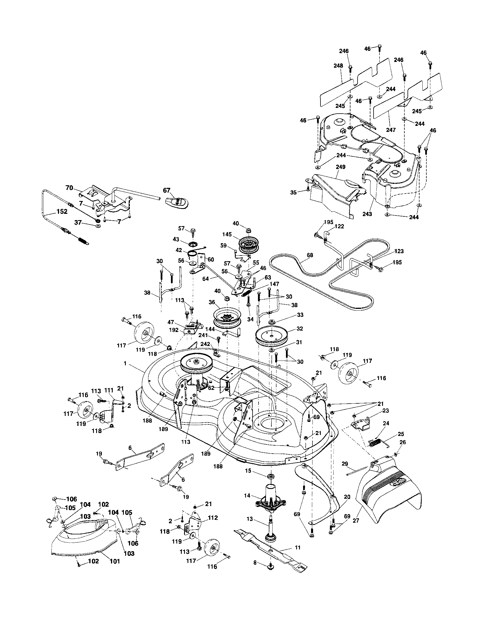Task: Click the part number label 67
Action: tap(167, 190)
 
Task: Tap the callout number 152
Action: tap(62, 211)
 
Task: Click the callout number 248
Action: tap(338, 66)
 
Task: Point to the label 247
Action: tap(391, 130)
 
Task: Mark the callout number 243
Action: tap(367, 214)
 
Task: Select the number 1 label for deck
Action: tap(125, 363)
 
